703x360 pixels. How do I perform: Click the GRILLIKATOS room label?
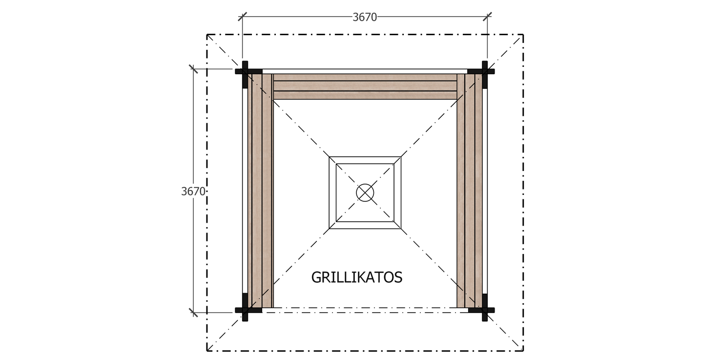pyautogui.click(x=356, y=277)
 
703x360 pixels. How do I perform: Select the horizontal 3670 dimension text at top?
pyautogui.click(x=365, y=17)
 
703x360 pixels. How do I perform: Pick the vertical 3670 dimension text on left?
pyautogui.click(x=193, y=191)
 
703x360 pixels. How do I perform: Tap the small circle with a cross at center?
pyautogui.click(x=365, y=192)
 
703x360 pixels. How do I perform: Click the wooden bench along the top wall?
pyautogui.click(x=365, y=86)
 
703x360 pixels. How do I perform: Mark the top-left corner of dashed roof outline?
pyautogui.click(x=207, y=35)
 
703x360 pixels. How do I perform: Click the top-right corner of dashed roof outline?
pyautogui.click(x=523, y=35)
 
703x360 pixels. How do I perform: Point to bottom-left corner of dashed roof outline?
pyautogui.click(x=207, y=351)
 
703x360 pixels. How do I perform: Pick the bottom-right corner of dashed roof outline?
pyautogui.click(x=523, y=351)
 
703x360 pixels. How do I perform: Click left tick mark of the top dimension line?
pyautogui.click(x=242, y=17)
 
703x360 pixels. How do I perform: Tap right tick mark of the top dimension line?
pyautogui.click(x=487, y=17)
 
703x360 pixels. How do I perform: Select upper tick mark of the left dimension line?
pyautogui.click(x=193, y=69)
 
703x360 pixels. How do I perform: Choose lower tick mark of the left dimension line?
pyautogui.click(x=193, y=312)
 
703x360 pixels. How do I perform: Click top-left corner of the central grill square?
pyautogui.click(x=330, y=157)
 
